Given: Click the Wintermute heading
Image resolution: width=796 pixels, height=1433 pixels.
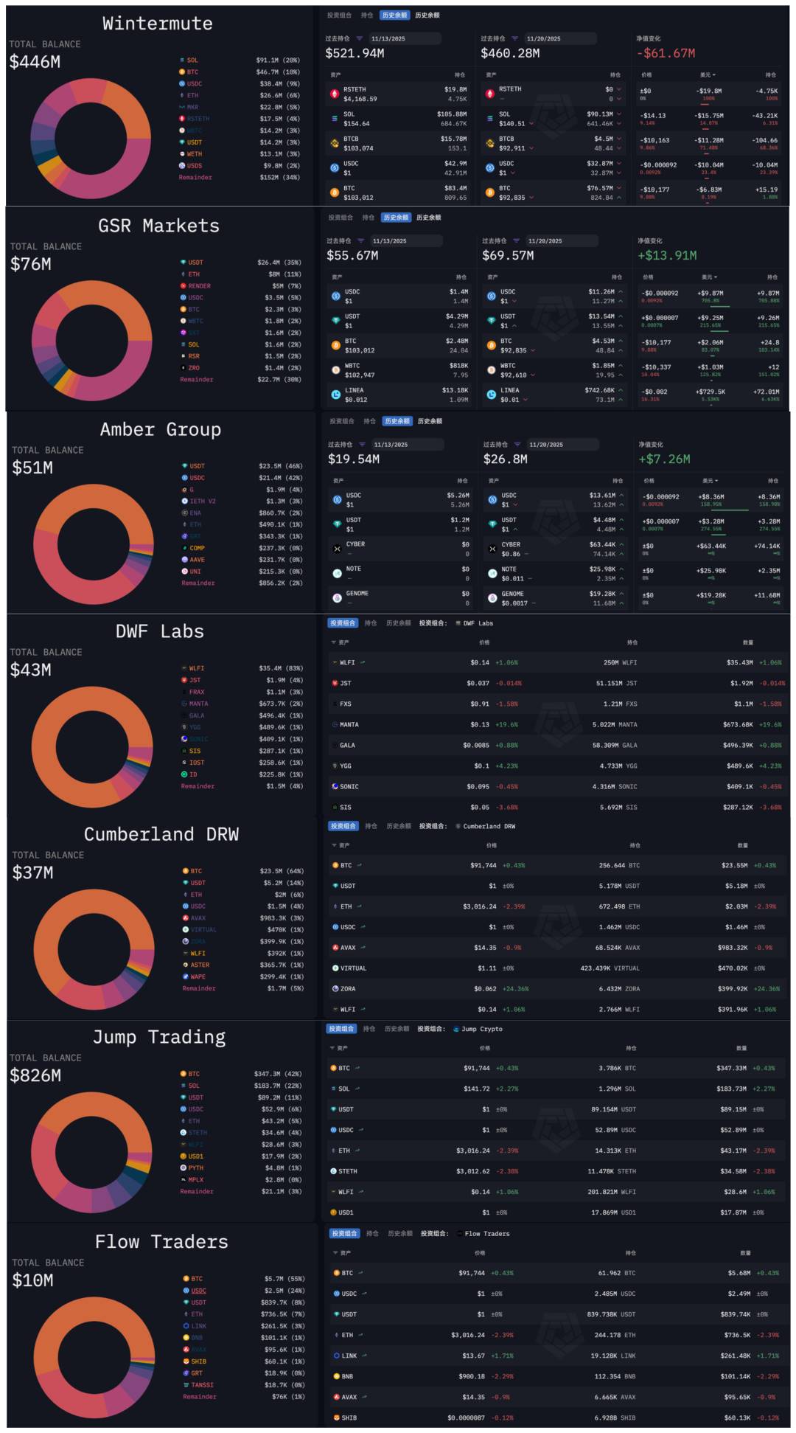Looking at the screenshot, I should point(157,24).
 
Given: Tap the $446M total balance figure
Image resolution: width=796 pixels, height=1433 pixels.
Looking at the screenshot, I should point(35,62).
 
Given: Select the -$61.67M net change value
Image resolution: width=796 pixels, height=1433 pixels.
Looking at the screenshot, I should point(666,53).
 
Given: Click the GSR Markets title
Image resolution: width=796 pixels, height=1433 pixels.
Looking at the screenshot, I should point(158,226).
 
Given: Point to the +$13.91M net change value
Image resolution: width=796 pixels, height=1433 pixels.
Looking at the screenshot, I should point(667,255).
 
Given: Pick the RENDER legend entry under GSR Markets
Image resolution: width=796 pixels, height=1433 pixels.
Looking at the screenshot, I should point(199,286).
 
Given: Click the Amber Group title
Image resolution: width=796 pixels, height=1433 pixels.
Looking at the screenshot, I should point(160,429).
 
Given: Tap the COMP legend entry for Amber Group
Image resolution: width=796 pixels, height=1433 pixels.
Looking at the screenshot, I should point(197,548).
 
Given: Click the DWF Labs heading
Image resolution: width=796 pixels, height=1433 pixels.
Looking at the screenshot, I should point(159,631).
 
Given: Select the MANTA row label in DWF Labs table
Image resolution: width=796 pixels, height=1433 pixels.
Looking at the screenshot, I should point(349,725).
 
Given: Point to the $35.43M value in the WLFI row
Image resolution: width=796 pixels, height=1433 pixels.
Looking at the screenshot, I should point(741,663).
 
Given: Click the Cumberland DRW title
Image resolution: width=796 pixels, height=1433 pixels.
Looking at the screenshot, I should point(161,834).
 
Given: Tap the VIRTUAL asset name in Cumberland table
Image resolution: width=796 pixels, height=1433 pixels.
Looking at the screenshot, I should point(353,968).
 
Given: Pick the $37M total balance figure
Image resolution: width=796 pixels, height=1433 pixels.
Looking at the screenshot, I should point(32,873).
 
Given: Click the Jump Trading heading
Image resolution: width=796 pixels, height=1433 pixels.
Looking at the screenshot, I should point(159,1037).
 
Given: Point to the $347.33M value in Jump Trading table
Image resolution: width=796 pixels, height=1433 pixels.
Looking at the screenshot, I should point(731,1068).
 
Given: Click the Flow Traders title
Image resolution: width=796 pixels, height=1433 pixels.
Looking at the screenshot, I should point(161,1242).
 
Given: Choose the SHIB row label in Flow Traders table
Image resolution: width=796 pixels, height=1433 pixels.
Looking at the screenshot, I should point(349,1418).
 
